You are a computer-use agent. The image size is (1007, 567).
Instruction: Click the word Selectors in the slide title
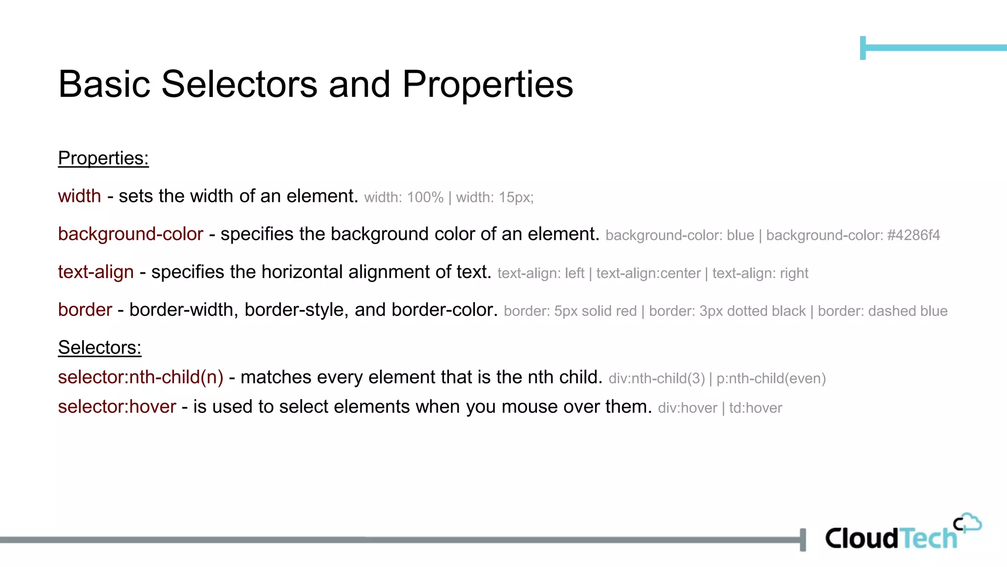click(x=239, y=84)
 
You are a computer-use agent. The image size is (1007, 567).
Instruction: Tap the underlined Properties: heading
click(x=103, y=158)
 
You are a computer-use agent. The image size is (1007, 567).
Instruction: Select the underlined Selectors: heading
click(x=100, y=347)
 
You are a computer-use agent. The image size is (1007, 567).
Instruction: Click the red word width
click(x=80, y=196)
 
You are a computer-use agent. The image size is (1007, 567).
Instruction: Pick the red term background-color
click(x=130, y=234)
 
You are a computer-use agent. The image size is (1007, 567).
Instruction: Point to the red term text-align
click(x=96, y=272)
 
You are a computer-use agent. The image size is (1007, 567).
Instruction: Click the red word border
click(x=85, y=310)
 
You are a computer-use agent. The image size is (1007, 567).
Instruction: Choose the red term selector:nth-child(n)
click(x=141, y=378)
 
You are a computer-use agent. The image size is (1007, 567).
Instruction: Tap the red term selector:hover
click(x=117, y=407)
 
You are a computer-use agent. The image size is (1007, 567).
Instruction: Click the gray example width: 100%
click(x=404, y=198)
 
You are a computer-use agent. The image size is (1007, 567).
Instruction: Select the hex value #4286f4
click(x=914, y=235)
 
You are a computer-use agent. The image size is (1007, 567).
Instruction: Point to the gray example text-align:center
click(x=648, y=273)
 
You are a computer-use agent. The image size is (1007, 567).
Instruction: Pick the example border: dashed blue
click(x=883, y=311)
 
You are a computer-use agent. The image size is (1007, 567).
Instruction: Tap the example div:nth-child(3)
click(x=656, y=378)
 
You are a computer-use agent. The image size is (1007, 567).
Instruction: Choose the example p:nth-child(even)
click(x=771, y=378)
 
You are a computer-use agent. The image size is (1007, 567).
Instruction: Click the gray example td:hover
click(x=755, y=408)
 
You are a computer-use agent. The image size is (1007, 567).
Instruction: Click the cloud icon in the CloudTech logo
click(x=969, y=523)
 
